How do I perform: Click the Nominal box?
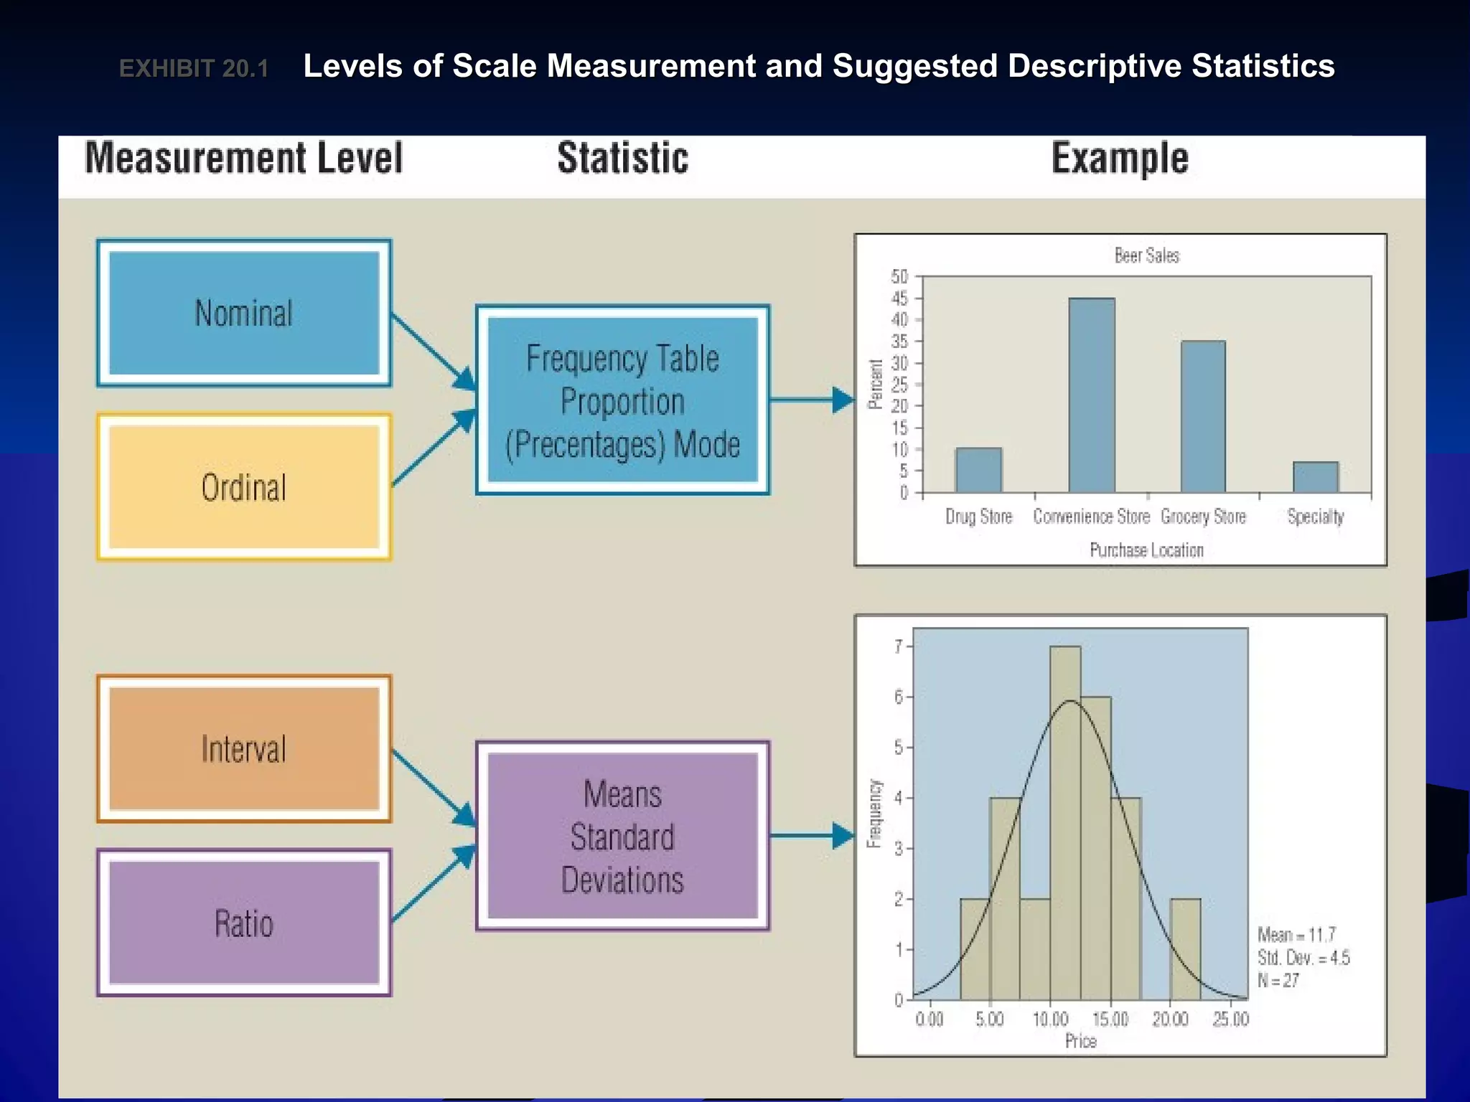coord(244,314)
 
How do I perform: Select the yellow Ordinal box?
coord(244,487)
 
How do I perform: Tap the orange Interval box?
coord(244,748)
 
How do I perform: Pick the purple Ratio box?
coord(244,923)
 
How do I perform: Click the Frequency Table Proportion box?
coord(622,400)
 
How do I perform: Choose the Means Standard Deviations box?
coord(622,837)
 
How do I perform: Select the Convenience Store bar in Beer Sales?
coord(1092,395)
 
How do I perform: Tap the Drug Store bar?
coord(978,470)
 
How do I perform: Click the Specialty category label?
coord(1315,517)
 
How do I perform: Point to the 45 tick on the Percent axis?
coord(900,298)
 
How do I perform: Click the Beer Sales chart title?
coord(1146,255)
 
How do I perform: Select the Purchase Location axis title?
coord(1146,550)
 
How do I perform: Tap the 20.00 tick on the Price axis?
coord(1170,1019)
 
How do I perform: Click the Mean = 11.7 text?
coord(1296,935)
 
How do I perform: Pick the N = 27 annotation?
coord(1278,981)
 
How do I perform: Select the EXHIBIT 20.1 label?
coord(194,69)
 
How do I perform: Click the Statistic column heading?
coord(622,159)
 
